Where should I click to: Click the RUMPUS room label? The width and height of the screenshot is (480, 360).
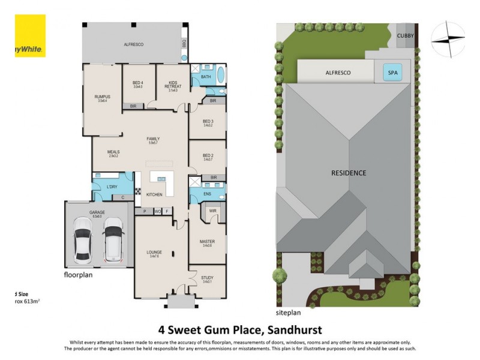(x=102, y=96)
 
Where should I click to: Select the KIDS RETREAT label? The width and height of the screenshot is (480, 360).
(x=173, y=86)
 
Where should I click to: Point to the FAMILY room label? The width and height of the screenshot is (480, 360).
(x=153, y=139)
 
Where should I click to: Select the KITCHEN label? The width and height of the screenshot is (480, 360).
(x=154, y=195)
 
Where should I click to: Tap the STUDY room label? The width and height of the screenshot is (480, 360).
(x=208, y=278)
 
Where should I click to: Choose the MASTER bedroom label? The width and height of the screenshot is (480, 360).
(x=208, y=241)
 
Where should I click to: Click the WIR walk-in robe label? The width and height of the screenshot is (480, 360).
(x=212, y=211)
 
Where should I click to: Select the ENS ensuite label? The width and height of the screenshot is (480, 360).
(x=207, y=194)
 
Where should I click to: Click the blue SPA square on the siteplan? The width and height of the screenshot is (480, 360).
(x=393, y=73)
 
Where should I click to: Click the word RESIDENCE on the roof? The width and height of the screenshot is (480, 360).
(x=349, y=173)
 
